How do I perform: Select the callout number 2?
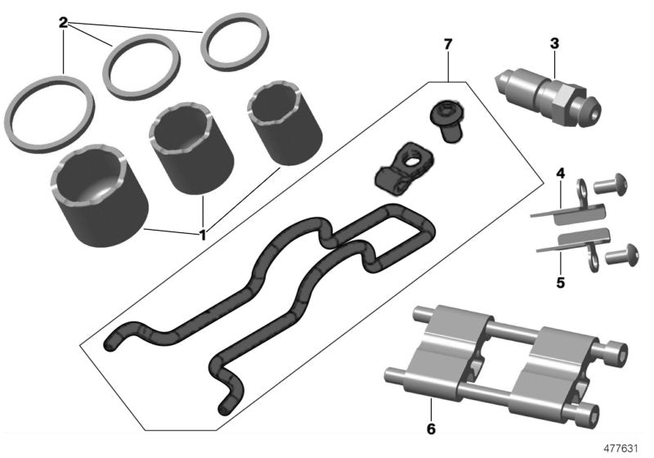63,22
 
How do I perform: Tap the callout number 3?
554,42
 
